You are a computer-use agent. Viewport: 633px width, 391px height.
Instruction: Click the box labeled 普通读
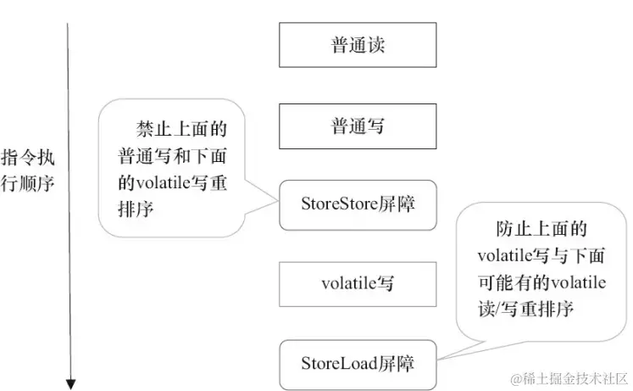[x=358, y=45]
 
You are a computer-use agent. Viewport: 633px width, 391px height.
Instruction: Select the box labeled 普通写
[x=358, y=126]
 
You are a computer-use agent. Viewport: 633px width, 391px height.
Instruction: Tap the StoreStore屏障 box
[x=358, y=205]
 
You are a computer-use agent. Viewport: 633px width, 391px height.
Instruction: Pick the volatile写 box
[x=358, y=284]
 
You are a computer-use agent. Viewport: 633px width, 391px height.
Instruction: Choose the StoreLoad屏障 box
[x=358, y=365]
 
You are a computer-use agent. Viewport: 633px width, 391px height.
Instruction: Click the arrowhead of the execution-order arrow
[x=70, y=384]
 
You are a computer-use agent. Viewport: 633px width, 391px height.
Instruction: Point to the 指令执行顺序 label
[x=27, y=170]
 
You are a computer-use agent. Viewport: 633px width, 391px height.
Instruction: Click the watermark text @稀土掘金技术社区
[x=569, y=378]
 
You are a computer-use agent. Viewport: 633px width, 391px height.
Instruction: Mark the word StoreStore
[x=339, y=204]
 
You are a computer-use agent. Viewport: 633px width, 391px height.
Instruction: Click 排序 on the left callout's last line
[x=136, y=209]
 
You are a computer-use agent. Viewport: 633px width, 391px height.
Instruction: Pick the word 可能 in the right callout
[x=497, y=282]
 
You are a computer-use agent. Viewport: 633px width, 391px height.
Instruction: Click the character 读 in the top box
[x=376, y=44]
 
